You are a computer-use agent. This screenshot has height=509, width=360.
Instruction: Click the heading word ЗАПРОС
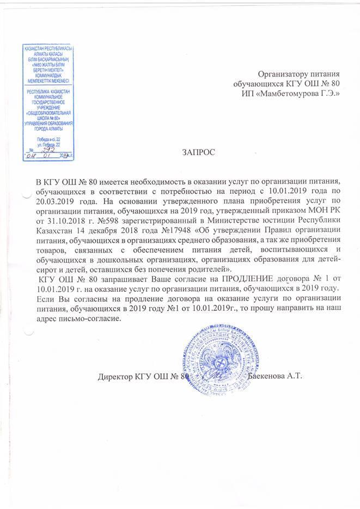[198, 153]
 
